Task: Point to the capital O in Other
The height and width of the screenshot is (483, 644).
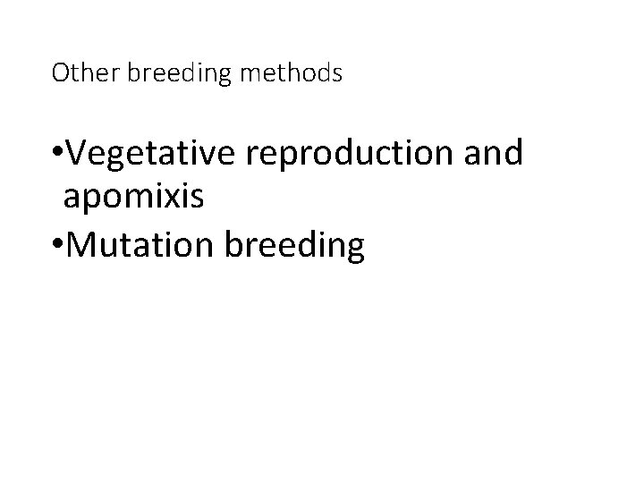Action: [60, 73]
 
